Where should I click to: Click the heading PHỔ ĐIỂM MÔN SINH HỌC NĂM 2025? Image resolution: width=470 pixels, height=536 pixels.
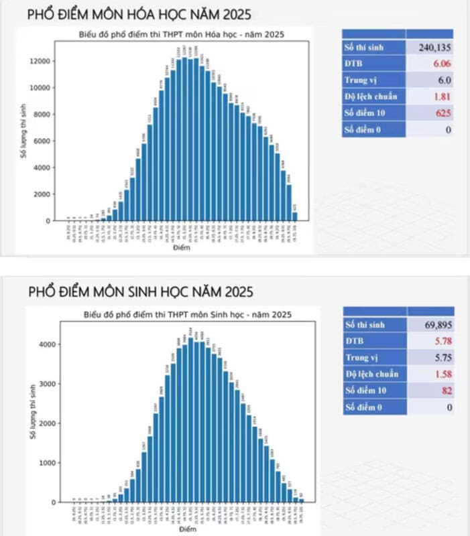(x=141, y=292)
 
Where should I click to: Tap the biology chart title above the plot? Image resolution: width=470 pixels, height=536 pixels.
(x=188, y=314)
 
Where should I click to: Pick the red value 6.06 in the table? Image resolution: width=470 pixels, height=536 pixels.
(x=440, y=64)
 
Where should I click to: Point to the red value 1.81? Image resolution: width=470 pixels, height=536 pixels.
(x=440, y=96)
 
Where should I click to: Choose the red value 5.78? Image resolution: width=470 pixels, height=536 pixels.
(x=441, y=341)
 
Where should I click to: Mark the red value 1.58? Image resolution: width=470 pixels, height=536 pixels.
(x=441, y=374)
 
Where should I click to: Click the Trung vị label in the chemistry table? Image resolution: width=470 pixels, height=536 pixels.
(x=361, y=80)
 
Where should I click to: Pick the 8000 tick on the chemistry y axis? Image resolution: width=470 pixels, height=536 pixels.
(x=42, y=114)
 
